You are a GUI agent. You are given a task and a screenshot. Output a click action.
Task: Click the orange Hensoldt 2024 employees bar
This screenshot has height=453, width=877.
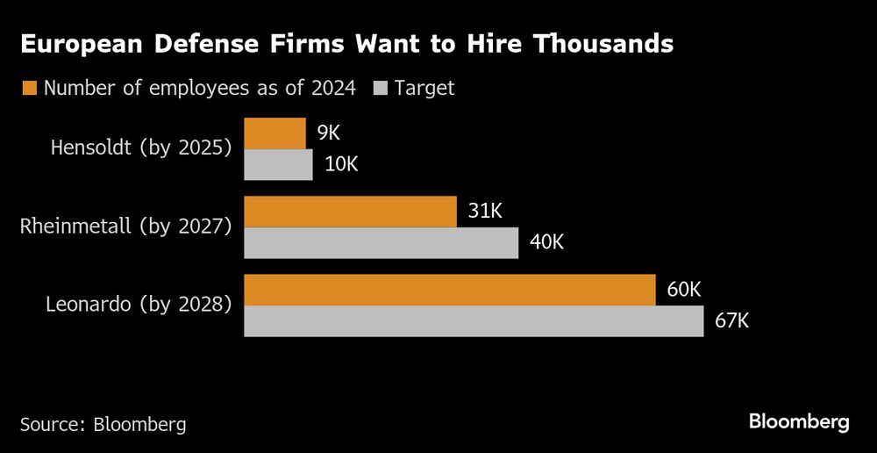(275, 133)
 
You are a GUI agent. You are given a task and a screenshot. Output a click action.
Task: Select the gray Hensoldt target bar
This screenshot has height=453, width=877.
(278, 164)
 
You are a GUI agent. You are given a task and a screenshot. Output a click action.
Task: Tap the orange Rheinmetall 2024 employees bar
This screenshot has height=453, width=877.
(350, 212)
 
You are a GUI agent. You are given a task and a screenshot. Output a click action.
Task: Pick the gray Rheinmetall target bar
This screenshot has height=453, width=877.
(381, 242)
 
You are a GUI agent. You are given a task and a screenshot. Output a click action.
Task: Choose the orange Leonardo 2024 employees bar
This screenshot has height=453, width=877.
(449, 290)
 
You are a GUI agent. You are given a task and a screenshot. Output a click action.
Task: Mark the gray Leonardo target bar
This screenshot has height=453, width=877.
(474, 320)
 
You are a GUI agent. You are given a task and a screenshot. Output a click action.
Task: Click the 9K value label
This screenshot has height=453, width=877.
(328, 133)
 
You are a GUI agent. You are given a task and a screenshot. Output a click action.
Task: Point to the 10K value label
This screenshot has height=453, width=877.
(341, 164)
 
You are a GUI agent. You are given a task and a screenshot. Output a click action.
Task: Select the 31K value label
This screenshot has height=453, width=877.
(486, 212)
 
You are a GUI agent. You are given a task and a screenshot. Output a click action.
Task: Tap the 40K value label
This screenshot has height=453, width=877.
(547, 242)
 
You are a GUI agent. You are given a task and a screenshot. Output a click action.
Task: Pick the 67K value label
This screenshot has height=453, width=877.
(732, 320)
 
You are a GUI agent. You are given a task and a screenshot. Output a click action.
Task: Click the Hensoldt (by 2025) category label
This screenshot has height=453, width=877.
(141, 147)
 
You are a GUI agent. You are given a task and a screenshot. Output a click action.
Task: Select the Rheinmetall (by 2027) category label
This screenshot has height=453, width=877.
(125, 226)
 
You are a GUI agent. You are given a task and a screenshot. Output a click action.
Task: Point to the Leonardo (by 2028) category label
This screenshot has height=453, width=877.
(139, 306)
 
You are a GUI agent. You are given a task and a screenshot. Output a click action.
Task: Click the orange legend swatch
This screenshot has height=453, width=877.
(29, 88)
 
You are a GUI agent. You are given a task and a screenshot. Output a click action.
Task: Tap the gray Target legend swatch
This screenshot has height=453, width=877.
(380, 88)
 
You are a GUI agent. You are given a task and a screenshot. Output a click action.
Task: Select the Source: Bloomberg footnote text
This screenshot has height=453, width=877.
(103, 424)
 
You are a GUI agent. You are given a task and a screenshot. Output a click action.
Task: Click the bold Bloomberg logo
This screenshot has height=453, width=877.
(799, 422)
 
